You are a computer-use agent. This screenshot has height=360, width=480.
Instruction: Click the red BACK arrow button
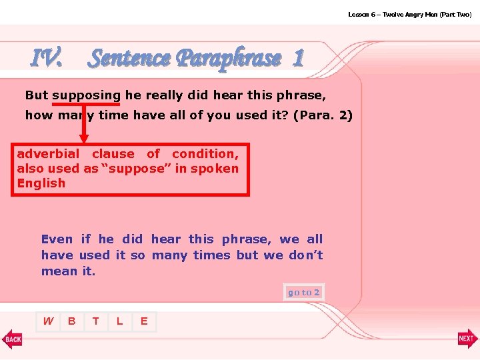pyautogui.click(x=12, y=339)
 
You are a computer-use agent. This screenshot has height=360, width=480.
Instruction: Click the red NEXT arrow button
pyautogui.click(x=467, y=339)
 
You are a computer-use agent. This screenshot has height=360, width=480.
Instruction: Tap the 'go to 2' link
pyautogui.click(x=303, y=292)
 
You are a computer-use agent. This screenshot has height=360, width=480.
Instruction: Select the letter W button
pyautogui.click(x=48, y=321)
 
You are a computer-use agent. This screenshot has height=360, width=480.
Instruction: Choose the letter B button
pyautogui.click(x=72, y=321)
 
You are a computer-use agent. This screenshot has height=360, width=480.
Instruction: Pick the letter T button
pyautogui.click(x=96, y=321)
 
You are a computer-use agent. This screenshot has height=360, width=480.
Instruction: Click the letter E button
pyautogui.click(x=144, y=321)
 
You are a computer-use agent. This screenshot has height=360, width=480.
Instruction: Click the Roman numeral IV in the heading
pyautogui.click(x=47, y=59)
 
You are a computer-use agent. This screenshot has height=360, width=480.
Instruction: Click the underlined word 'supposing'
pyautogui.click(x=86, y=95)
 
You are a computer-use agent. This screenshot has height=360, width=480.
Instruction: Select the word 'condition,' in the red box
pyautogui.click(x=205, y=153)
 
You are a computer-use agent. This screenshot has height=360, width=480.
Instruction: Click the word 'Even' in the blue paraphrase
pyautogui.click(x=57, y=239)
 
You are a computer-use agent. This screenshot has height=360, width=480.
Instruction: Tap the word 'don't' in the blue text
pyautogui.click(x=305, y=255)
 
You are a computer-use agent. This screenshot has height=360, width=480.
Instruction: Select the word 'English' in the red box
pyautogui.click(x=41, y=183)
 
